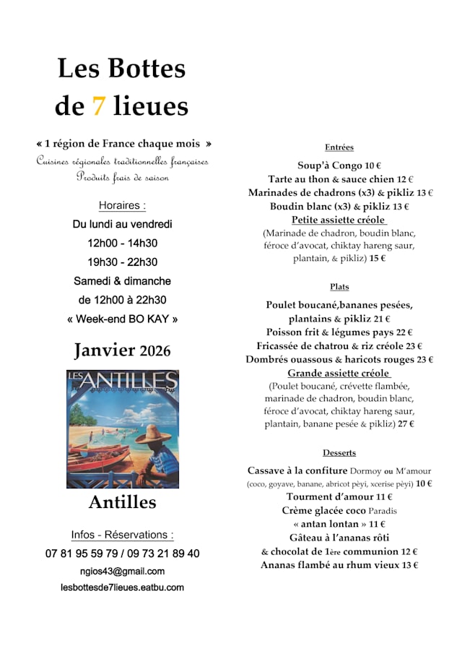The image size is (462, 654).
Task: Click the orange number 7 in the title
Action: [x=99, y=106]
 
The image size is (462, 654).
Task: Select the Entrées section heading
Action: [x=339, y=147]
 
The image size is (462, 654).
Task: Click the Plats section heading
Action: [x=339, y=287]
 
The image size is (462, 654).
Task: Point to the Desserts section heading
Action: [x=339, y=453]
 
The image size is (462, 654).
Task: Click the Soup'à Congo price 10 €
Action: [x=373, y=165]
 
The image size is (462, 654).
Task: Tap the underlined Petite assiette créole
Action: [x=339, y=220]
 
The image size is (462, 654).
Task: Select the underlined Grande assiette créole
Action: [x=339, y=374]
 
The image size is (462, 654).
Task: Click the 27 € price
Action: [x=406, y=424]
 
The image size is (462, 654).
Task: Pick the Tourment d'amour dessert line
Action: [x=339, y=497]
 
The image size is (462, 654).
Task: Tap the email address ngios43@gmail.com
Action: [x=122, y=572]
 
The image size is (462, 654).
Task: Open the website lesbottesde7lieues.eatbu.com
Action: [x=122, y=588]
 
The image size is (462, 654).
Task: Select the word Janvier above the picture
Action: [x=105, y=350]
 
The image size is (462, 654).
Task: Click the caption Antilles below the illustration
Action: [x=122, y=502]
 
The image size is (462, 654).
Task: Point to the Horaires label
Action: [x=122, y=205]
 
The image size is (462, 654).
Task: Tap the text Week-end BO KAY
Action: [x=122, y=319]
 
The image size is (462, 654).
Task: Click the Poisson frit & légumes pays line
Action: [x=339, y=332]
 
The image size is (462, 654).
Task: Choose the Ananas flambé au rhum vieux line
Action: [x=339, y=565]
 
